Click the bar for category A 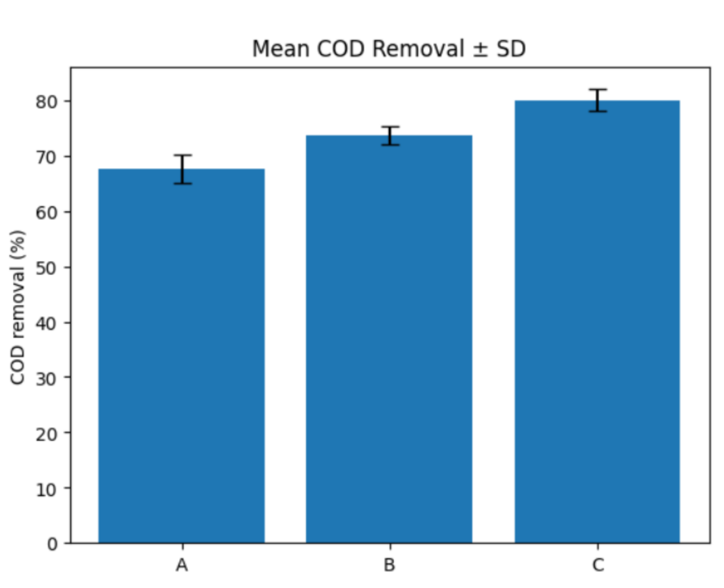(181, 356)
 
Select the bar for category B (389, 339)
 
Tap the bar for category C (597, 322)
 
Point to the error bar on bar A (183, 169)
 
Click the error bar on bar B (390, 136)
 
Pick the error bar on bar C (598, 100)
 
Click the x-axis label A (182, 565)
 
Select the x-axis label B (390, 565)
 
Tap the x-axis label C (598, 565)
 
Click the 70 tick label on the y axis (47, 157)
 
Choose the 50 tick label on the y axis (47, 267)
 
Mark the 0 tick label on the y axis (52, 545)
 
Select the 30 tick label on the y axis (47, 379)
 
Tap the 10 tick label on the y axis (47, 489)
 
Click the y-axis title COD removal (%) (18, 308)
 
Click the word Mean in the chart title (281, 49)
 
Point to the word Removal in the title (418, 49)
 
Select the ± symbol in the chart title (480, 49)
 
